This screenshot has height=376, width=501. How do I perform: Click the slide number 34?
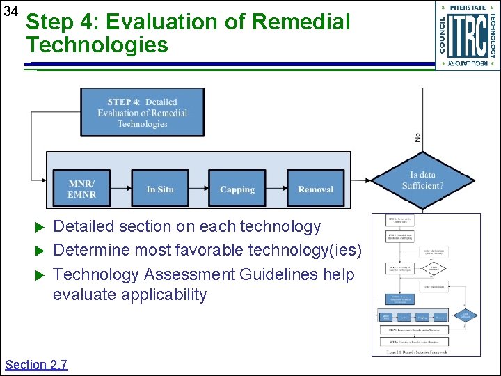[10, 12]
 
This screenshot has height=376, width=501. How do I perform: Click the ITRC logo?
[468, 36]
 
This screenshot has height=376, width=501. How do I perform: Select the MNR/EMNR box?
[81, 189]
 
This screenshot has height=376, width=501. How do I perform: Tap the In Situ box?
[160, 189]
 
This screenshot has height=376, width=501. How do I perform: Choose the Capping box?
[237, 189]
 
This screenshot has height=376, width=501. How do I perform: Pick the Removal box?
[315, 189]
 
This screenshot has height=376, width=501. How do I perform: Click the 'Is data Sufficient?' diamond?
[422, 180]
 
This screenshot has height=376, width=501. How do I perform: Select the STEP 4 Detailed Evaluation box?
[143, 112]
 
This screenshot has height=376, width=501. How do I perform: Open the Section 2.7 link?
[36, 364]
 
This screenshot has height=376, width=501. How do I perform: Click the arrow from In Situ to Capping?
[199, 189]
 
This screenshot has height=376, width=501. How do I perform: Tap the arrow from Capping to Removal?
[277, 189]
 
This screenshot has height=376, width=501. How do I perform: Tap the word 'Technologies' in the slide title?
[97, 45]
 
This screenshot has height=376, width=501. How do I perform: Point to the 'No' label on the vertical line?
[417, 137]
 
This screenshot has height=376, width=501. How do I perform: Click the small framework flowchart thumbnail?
[426, 285]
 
